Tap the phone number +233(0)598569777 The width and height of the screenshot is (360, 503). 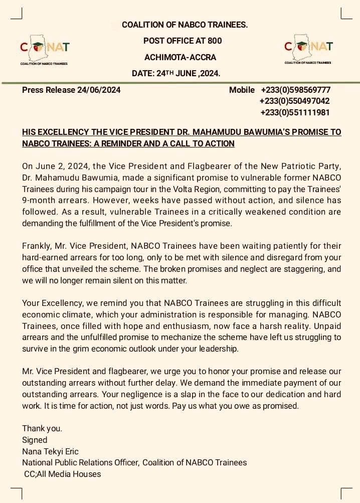(295, 90)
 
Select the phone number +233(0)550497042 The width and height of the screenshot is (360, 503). (294, 101)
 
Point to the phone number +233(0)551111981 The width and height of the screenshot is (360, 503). (294, 112)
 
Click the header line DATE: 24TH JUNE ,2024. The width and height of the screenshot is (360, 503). (176, 73)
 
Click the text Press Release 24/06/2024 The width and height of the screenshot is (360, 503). (71, 90)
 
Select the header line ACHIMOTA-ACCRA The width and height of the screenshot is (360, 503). (180, 57)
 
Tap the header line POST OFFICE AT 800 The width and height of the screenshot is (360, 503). (183, 41)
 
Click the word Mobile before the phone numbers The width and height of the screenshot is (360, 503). (242, 90)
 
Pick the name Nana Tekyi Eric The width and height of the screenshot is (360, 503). (50, 451)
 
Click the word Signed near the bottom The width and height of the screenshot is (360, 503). (35, 440)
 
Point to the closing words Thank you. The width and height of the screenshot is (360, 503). (42, 429)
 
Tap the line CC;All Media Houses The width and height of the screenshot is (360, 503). (62, 474)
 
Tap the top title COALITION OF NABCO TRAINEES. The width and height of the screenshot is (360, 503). (185, 25)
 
